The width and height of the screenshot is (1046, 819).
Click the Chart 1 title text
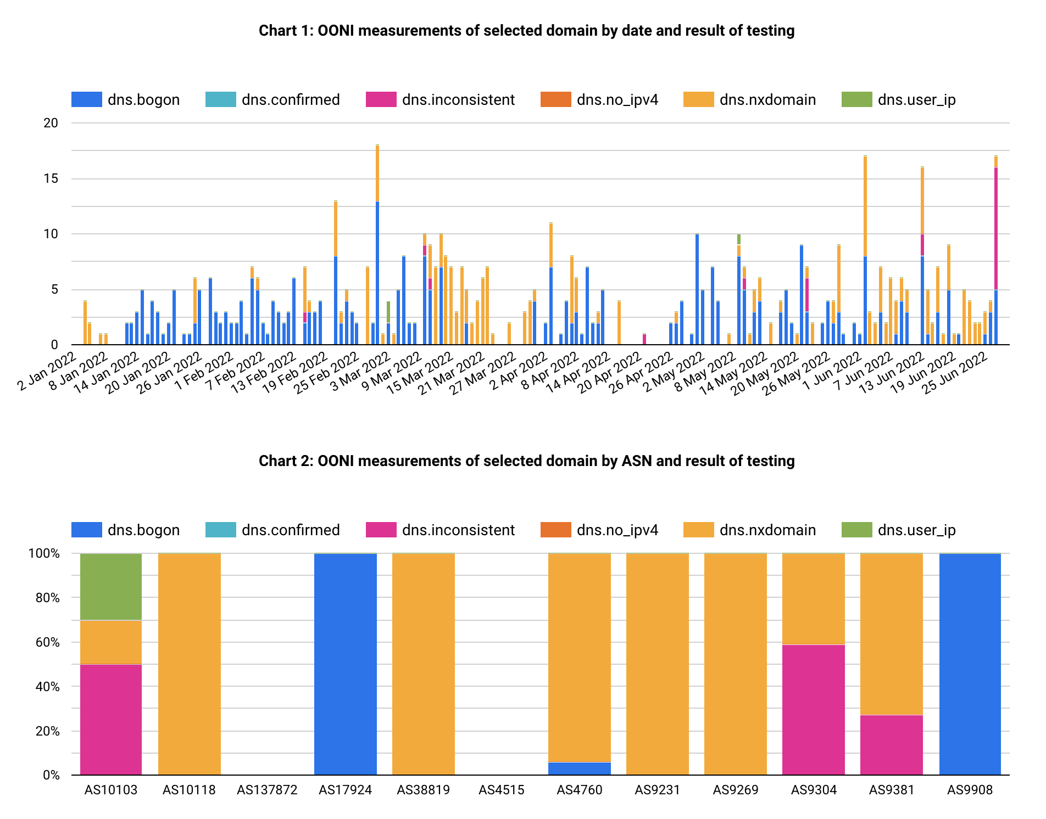click(x=526, y=31)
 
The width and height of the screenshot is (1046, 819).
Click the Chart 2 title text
click(x=526, y=461)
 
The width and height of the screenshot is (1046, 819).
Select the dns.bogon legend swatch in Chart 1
click(x=87, y=100)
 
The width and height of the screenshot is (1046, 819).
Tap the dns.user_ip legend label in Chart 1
click(x=916, y=100)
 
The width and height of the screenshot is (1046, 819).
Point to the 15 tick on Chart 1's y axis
click(x=51, y=178)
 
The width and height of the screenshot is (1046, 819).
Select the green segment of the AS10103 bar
click(x=111, y=587)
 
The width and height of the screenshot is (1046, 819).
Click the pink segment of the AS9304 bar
click(x=814, y=709)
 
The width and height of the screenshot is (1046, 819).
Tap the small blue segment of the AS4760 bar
click(x=580, y=768)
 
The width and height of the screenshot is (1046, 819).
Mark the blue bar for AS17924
click(x=346, y=664)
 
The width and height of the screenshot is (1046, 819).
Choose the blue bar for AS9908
click(x=970, y=664)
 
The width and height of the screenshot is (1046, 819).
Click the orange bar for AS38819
click(x=424, y=664)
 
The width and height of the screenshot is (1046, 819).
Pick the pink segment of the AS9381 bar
click(x=892, y=745)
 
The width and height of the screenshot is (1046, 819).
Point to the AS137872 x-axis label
click(x=267, y=790)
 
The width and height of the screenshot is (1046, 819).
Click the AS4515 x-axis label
click(x=501, y=790)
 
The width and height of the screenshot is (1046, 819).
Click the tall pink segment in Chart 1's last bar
click(x=996, y=228)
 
